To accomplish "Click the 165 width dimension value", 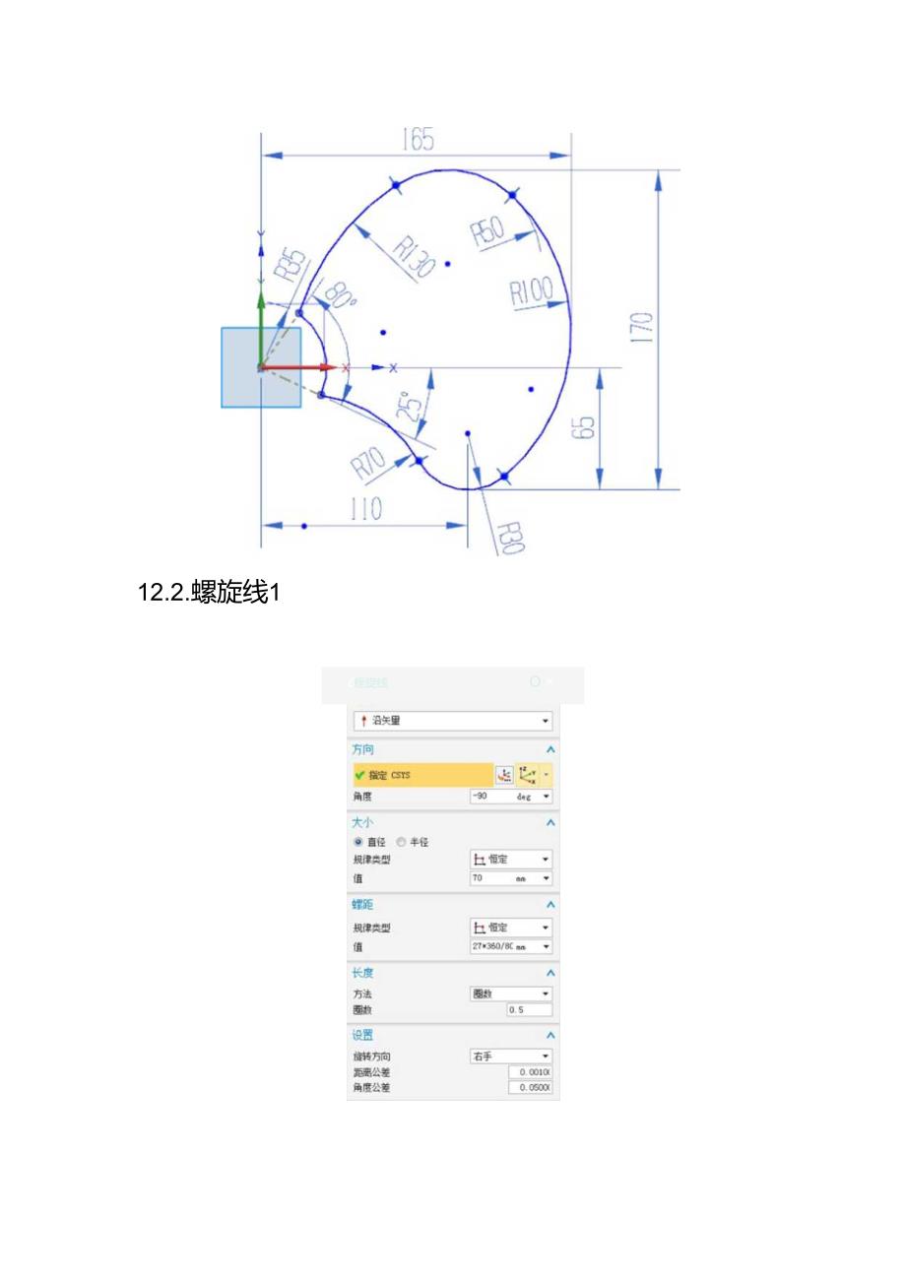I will tap(418, 140).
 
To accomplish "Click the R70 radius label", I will tap(369, 461).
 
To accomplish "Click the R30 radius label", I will tap(508, 539).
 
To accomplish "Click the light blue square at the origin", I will tap(260, 367).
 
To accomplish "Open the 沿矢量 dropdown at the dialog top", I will tap(453, 721).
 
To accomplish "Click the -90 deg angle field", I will tap(510, 796).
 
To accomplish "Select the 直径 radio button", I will tap(358, 842).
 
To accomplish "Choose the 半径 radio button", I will tap(401, 842).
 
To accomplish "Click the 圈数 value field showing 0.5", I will tap(529, 1010).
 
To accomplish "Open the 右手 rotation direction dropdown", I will tap(510, 1056).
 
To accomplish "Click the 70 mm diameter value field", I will tap(510, 877).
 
